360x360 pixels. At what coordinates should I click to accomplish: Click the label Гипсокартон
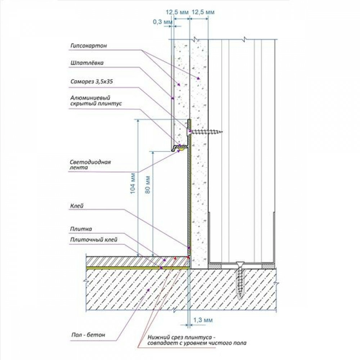coord(89,46)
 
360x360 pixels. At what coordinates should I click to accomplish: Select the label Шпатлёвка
coord(87,63)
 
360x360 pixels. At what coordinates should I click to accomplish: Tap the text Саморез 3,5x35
coord(91,81)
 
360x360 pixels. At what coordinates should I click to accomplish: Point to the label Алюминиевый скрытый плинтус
coord(96,101)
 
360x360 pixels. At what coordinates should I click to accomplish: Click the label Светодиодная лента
coord(90,165)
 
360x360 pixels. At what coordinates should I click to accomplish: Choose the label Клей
coord(77,206)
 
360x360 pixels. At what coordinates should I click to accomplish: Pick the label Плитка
coord(81,229)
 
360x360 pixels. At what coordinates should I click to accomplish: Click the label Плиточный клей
coord(94,240)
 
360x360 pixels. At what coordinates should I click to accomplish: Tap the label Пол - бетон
coord(88,335)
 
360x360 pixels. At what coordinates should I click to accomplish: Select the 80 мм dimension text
coord(148,185)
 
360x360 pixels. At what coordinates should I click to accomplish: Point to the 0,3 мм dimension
coord(163,22)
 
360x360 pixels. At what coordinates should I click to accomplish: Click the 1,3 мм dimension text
coord(203,320)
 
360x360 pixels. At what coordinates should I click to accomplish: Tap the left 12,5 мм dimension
coord(177,12)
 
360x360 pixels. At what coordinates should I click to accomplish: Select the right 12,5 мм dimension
coord(203,12)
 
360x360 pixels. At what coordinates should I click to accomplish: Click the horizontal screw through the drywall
coord(204,132)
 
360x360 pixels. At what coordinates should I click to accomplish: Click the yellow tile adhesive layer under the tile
coord(138,268)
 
